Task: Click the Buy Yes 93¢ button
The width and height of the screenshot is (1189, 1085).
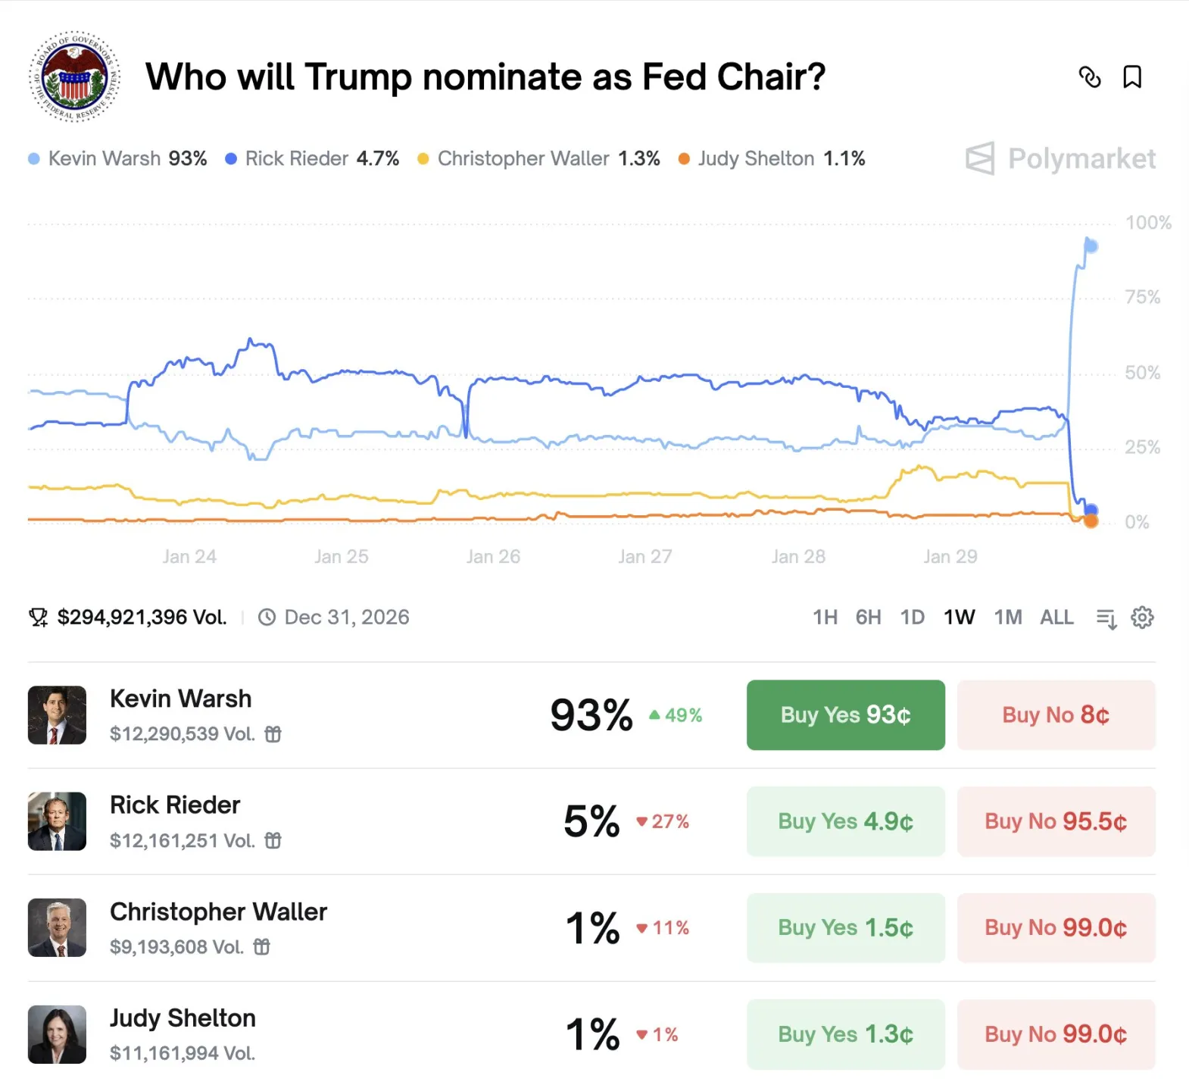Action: pyautogui.click(x=845, y=714)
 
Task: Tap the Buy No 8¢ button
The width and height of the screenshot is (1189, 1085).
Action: pyautogui.click(x=1056, y=714)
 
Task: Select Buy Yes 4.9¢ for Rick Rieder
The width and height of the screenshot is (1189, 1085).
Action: pyautogui.click(x=845, y=821)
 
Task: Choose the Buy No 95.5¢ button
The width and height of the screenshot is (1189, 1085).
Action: pyautogui.click(x=1056, y=821)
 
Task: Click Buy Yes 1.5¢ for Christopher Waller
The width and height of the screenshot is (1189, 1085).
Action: pyautogui.click(x=845, y=927)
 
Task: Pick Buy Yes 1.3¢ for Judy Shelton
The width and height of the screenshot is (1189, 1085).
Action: pyautogui.click(x=845, y=1034)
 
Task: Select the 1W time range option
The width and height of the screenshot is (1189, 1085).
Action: pyautogui.click(x=959, y=618)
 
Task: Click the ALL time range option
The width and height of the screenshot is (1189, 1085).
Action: pyautogui.click(x=1056, y=618)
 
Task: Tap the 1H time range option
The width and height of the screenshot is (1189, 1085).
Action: pyautogui.click(x=825, y=618)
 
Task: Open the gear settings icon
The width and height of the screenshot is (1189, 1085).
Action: pyautogui.click(x=1142, y=618)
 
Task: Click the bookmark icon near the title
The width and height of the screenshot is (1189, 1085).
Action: pyautogui.click(x=1132, y=77)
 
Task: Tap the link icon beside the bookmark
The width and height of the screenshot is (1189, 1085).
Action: pyautogui.click(x=1090, y=77)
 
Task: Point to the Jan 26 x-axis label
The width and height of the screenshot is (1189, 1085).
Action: pyautogui.click(x=493, y=557)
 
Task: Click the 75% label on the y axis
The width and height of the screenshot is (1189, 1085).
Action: pyautogui.click(x=1142, y=297)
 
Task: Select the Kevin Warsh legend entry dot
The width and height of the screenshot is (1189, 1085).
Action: pyautogui.click(x=34, y=159)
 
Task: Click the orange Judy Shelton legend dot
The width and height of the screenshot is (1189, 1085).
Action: pyautogui.click(x=684, y=159)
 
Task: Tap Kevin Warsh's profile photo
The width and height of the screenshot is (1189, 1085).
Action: pyautogui.click(x=57, y=715)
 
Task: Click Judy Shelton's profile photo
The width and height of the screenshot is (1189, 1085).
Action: pyautogui.click(x=57, y=1034)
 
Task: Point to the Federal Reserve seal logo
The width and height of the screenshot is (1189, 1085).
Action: pyautogui.click(x=74, y=77)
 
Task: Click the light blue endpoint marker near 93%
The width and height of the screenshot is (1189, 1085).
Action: pyautogui.click(x=1091, y=246)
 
